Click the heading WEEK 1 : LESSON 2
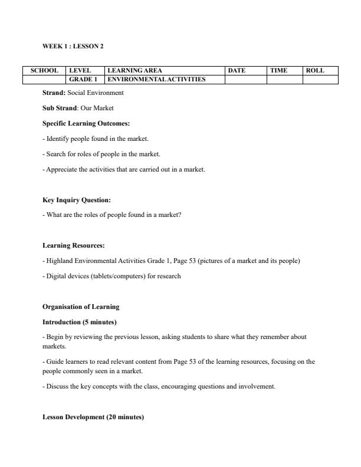tap(73, 46)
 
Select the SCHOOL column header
tap(44, 71)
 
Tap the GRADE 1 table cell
tap(83, 79)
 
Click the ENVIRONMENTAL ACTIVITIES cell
tap(156, 79)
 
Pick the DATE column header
tap(237, 71)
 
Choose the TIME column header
tap(278, 71)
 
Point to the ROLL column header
tap(315, 71)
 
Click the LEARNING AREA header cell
tap(134, 71)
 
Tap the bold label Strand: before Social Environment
tap(54, 93)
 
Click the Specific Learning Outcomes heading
tap(86, 124)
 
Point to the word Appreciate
tap(61, 170)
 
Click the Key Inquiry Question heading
tap(77, 200)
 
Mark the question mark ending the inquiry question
tap(180, 215)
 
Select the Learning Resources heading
tap(73, 245)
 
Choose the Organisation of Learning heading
tap(81, 307)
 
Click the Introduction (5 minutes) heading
tap(80, 322)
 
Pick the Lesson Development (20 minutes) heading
tap(93, 417)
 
